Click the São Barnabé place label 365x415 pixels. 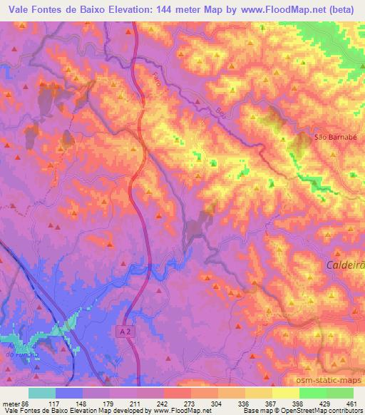pyautogui.click(x=331, y=137)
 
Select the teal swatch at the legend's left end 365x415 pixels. pyautogui.click(x=42, y=393)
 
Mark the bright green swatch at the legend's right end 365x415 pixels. pyautogui.click(x=340, y=393)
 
